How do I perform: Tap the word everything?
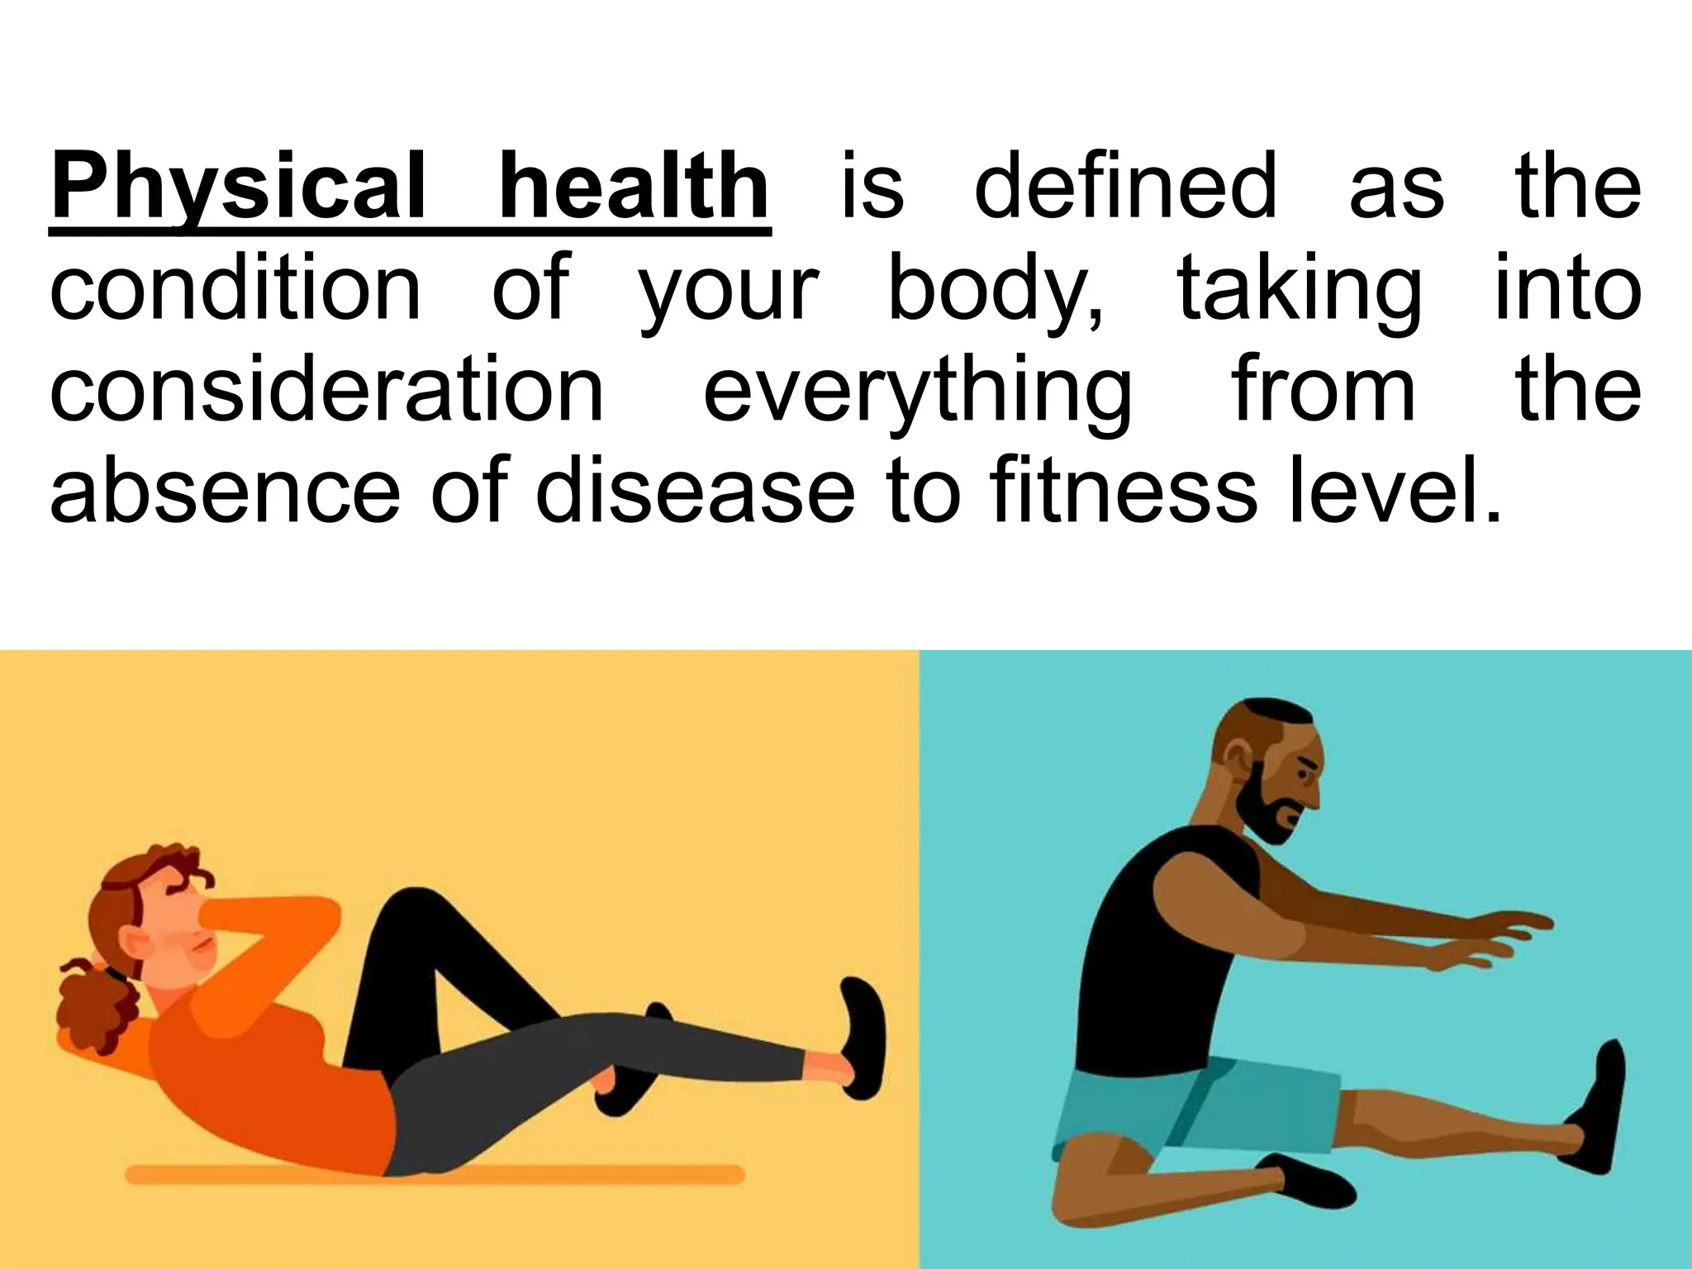click(x=917, y=393)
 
